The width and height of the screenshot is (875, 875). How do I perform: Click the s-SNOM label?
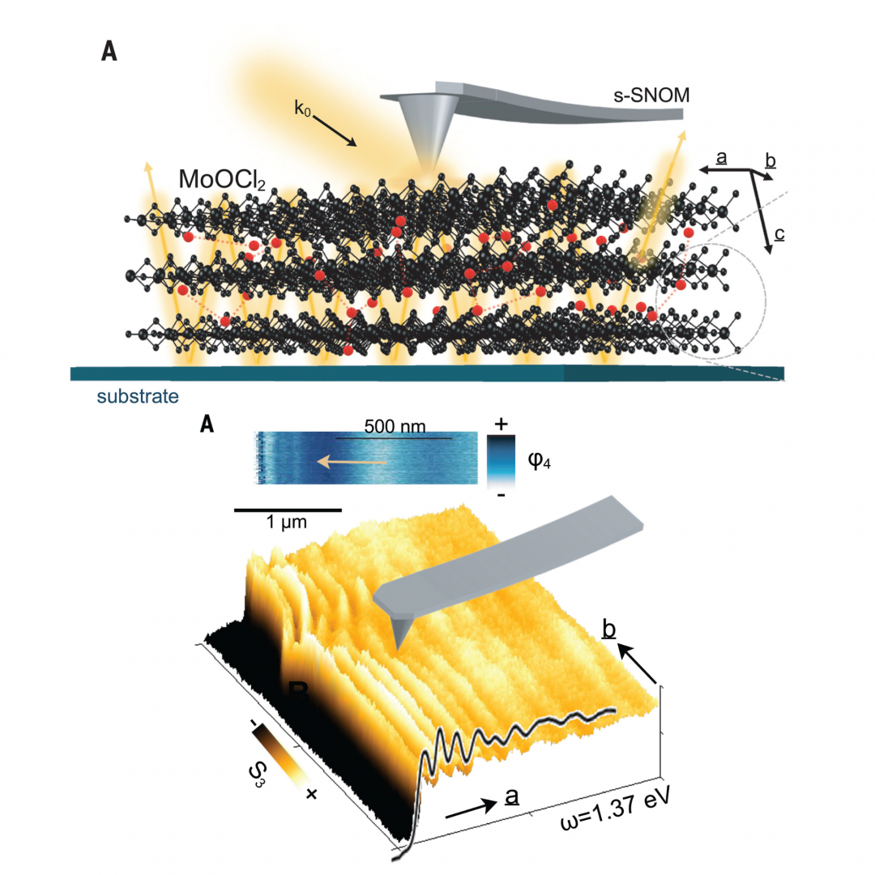[651, 95]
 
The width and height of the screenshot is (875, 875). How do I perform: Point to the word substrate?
[138, 397]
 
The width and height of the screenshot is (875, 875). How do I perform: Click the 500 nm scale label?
[395, 426]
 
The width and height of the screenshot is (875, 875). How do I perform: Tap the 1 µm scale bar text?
[287, 523]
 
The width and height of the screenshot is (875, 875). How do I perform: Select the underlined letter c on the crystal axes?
[779, 235]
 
